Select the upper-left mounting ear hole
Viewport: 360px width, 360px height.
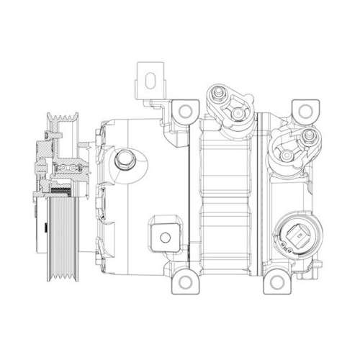pyautogui.click(x=185, y=111)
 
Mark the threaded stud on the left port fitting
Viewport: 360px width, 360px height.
pyautogui.click(x=215, y=94)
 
